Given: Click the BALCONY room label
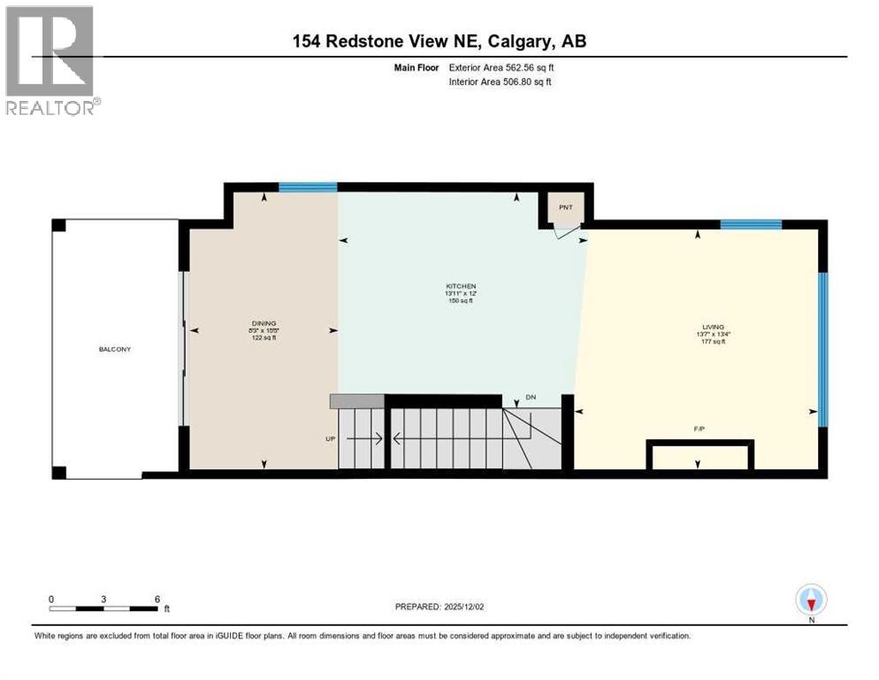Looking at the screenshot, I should pyautogui.click(x=114, y=349).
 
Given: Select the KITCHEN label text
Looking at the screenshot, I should pyautogui.click(x=461, y=286).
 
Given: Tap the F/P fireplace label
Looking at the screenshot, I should pyautogui.click(x=700, y=429).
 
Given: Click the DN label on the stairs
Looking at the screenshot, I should pyautogui.click(x=531, y=398).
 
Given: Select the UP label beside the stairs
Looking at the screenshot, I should pyautogui.click(x=331, y=438).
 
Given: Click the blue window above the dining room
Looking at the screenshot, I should pyautogui.click(x=308, y=187).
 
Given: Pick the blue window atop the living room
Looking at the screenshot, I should pyautogui.click(x=750, y=224).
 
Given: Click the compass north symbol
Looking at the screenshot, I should pyautogui.click(x=810, y=599).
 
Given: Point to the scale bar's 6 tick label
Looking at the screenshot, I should pyautogui.click(x=157, y=599).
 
